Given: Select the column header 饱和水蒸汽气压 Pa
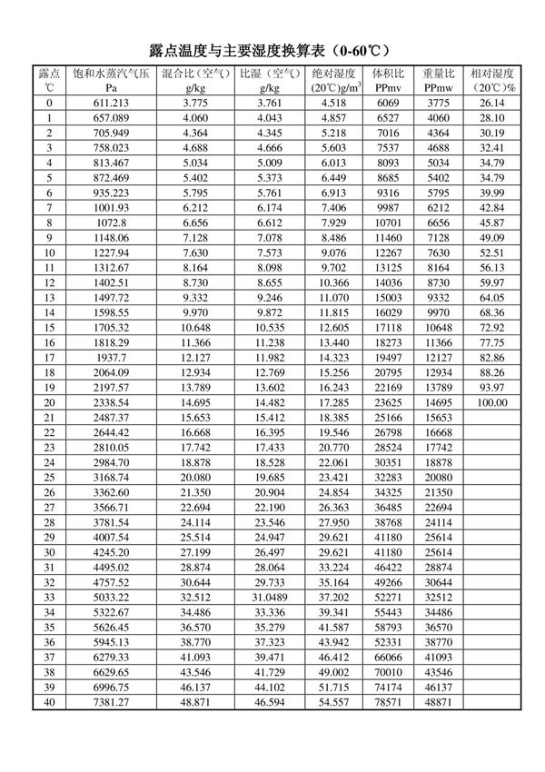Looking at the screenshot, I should (109, 80).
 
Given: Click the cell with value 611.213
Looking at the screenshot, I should (109, 103).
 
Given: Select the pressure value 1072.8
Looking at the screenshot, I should (109, 222).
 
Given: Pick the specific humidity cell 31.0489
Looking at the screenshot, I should (268, 597).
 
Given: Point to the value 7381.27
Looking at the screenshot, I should (109, 702).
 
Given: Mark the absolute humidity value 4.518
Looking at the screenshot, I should (333, 103).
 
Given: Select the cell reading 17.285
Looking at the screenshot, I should (333, 401).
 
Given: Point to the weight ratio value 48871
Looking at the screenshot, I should (439, 702).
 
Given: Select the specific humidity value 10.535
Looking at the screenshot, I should (268, 327).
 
